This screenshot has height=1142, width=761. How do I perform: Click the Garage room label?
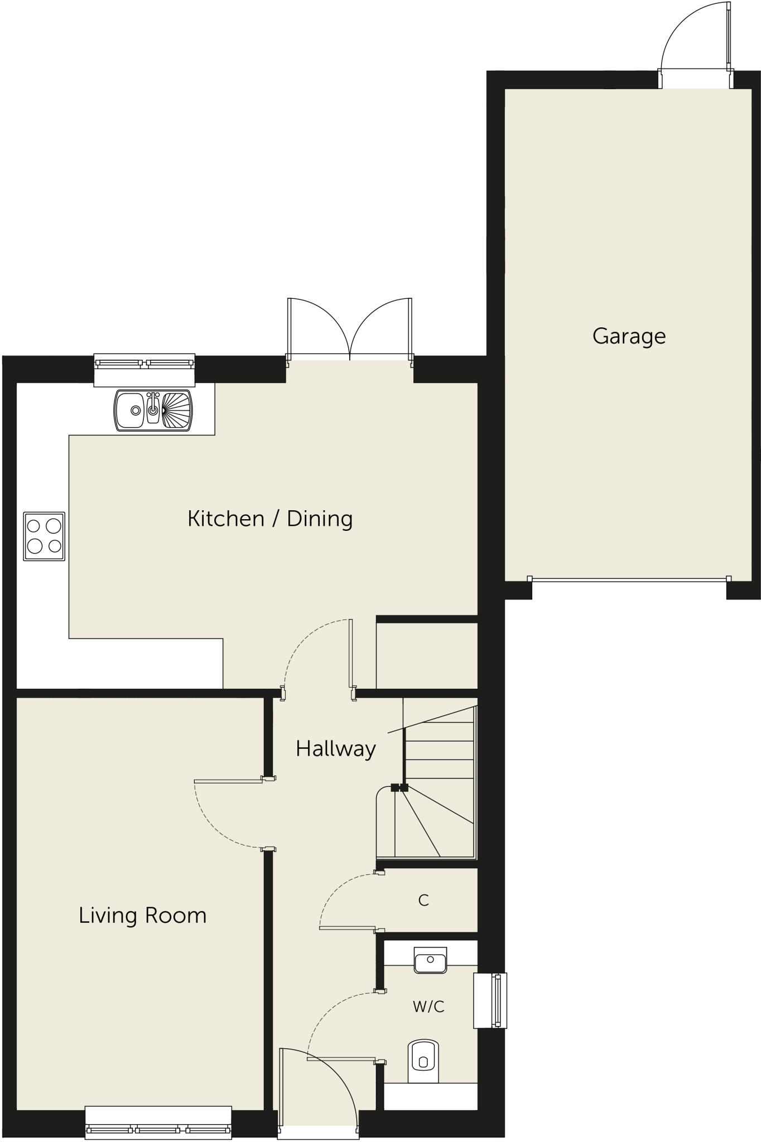(629, 336)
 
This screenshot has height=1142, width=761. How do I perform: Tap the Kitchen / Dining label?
(270, 519)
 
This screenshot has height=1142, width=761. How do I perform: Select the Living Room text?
(142, 915)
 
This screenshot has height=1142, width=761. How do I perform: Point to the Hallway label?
(335, 748)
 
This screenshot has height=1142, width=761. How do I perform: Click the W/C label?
(428, 1006)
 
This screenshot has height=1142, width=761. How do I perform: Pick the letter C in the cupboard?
(423, 900)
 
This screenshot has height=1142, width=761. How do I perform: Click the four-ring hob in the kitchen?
(44, 536)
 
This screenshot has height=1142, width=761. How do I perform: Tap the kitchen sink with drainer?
(153, 410)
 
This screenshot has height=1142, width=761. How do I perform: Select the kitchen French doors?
(350, 329)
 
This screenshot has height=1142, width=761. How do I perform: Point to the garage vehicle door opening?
(629, 580)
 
